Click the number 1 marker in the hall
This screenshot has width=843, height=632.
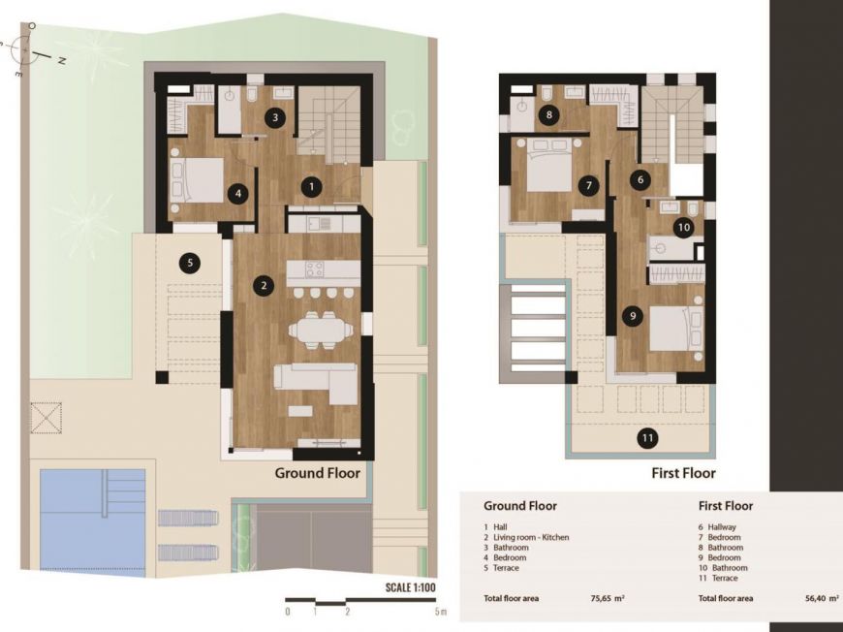tap(311, 187)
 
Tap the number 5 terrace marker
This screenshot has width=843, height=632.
tap(190, 263)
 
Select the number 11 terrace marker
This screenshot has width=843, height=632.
tap(647, 438)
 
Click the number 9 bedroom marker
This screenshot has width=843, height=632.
tap(632, 316)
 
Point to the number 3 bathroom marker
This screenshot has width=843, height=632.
tap(275, 117)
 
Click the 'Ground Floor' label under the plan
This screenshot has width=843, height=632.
tap(317, 473)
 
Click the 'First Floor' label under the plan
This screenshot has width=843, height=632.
tap(683, 473)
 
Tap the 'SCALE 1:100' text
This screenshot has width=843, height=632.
tap(411, 587)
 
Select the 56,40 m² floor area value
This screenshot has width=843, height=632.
tap(822, 598)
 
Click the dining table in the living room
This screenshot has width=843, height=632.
tap(321, 330)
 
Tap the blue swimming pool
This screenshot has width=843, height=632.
tap(92, 523)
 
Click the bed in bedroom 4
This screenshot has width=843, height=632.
tap(197, 180)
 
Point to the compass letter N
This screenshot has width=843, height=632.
tap(62, 61)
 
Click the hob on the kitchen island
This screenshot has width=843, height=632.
tap(314, 269)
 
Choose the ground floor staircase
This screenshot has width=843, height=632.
tap(328, 124)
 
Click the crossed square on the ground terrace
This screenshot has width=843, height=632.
tap(47, 418)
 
